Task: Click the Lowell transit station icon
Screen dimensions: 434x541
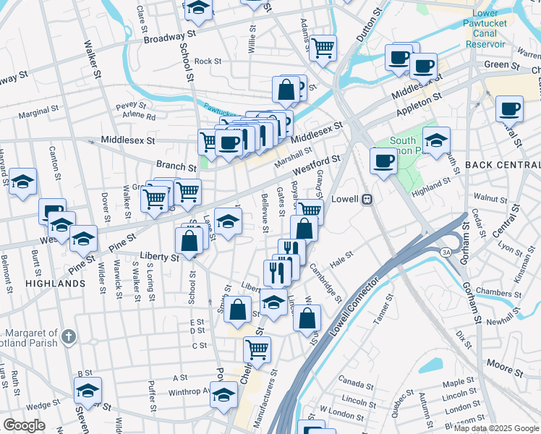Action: tap(367, 199)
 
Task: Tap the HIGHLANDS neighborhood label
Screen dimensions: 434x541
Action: tap(55, 284)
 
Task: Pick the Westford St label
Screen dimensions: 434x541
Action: tap(317, 166)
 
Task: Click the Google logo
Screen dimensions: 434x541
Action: tap(25, 425)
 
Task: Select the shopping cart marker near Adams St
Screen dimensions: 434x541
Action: tap(323, 48)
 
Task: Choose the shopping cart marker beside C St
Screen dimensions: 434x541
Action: tap(257, 349)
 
